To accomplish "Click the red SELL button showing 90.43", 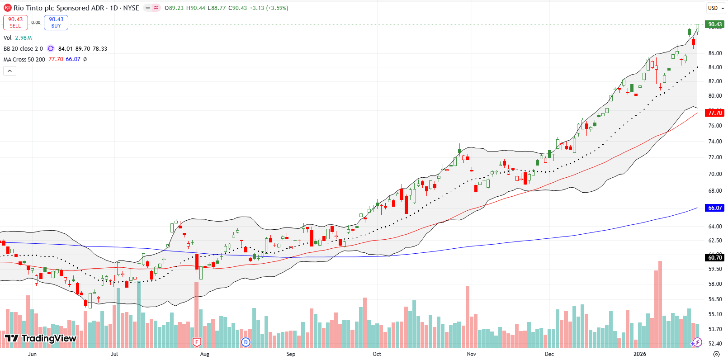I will [15, 22].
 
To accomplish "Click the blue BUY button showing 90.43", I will [56, 22].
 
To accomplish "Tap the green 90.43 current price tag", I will [715, 24].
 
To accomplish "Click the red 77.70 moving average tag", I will [715, 113].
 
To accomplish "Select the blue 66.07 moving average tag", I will [715, 208].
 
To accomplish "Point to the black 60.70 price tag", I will [715, 257].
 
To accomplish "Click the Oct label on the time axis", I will [377, 354].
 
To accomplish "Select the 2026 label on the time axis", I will [639, 354].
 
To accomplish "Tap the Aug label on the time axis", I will [204, 354].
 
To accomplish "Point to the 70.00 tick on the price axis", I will [715, 174].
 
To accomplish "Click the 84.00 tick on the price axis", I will [715, 67].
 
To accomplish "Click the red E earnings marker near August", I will [196, 342].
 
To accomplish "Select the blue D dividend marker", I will [246, 342].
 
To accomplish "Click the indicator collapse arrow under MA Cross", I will [9, 71].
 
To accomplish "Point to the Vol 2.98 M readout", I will [18, 38].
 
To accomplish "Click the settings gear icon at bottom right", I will [716, 354].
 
